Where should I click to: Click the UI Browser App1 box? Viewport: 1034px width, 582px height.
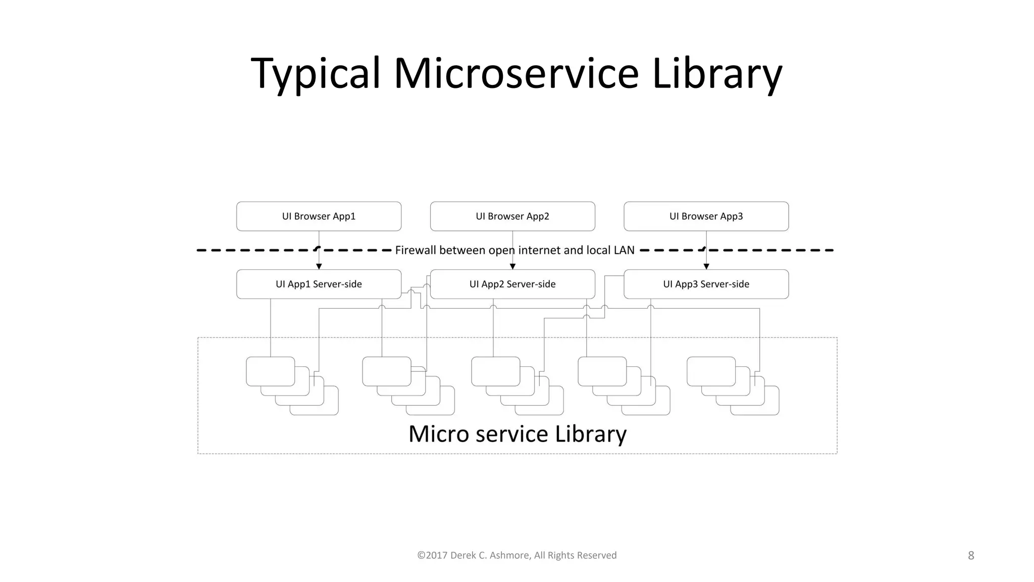click(x=319, y=216)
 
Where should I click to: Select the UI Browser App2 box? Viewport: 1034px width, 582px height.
click(x=512, y=216)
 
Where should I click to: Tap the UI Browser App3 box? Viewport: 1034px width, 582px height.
click(x=706, y=216)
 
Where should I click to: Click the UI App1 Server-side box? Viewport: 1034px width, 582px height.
click(x=319, y=284)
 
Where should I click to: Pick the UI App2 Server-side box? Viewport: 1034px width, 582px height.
click(x=512, y=284)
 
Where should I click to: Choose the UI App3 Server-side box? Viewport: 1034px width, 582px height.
click(x=706, y=284)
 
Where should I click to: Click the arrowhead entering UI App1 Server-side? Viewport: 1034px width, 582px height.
click(x=319, y=266)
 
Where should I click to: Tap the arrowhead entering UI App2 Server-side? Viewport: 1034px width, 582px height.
click(x=512, y=266)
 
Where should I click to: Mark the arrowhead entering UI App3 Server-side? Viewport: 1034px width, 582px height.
click(x=706, y=266)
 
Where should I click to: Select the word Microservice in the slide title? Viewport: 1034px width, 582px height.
click(x=516, y=74)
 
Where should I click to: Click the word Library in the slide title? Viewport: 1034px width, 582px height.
click(x=717, y=74)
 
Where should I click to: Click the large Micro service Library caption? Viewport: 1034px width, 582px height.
click(x=517, y=434)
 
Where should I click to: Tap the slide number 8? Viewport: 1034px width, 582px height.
click(x=970, y=556)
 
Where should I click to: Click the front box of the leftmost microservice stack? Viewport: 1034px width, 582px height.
click(x=270, y=371)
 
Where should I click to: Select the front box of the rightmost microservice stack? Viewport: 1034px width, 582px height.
click(x=711, y=371)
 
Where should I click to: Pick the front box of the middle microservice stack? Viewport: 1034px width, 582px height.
click(x=495, y=371)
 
